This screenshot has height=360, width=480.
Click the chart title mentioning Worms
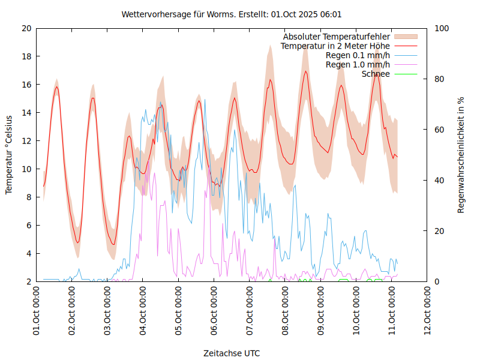click(x=232, y=14)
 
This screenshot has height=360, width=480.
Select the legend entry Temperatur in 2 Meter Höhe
click(x=335, y=46)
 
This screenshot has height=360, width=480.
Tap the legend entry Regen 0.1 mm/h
click(x=358, y=55)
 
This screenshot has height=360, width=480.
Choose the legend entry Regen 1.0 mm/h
click(x=358, y=64)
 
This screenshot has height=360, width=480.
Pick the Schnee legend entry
click(x=376, y=74)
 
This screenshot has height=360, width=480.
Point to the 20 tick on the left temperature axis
click(x=26, y=28)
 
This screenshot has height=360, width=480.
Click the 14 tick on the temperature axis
click(x=26, y=113)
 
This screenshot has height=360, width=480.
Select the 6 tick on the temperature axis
click(x=28, y=226)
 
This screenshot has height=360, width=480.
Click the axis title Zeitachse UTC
click(x=232, y=353)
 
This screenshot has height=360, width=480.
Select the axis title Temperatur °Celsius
click(x=9, y=155)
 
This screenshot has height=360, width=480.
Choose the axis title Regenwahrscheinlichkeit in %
click(x=461, y=155)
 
